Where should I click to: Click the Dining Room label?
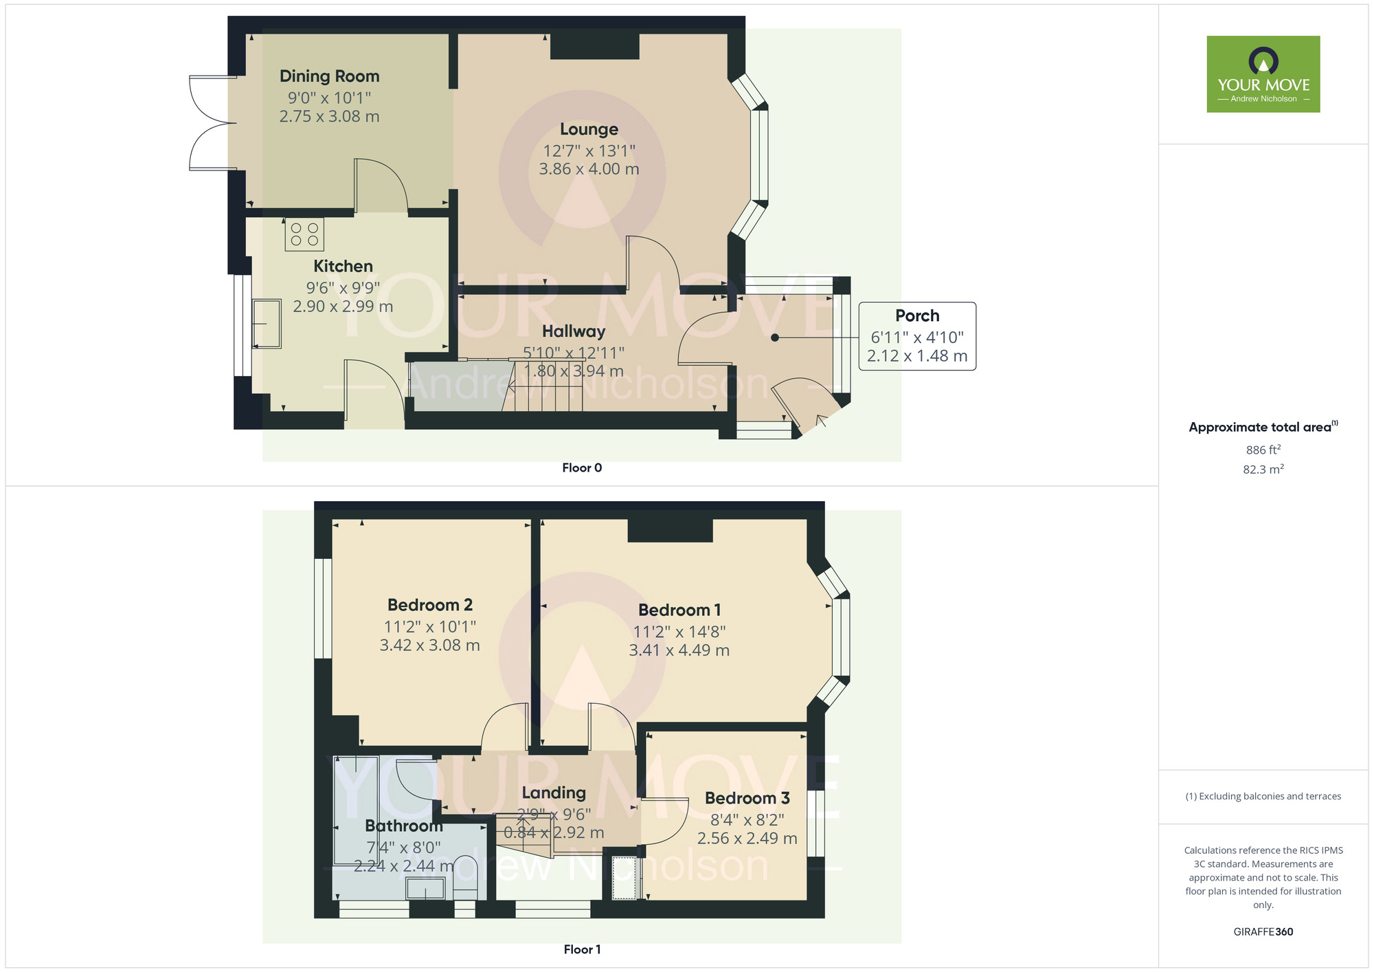(329, 76)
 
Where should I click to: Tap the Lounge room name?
(589, 129)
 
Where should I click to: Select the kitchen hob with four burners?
(304, 234)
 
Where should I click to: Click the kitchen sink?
(267, 323)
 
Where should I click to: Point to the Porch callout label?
(917, 316)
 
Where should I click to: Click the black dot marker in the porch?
(775, 338)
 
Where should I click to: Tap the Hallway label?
(574, 331)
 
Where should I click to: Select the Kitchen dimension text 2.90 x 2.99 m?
(343, 307)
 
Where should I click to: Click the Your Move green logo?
(1263, 74)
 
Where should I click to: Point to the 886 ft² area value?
(1263, 450)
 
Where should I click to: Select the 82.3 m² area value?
(1263, 470)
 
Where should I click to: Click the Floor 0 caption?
(582, 468)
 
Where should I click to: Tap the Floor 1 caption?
(582, 949)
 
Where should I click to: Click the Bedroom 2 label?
(430, 605)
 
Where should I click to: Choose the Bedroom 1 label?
(679, 610)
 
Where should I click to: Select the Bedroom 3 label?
(747, 798)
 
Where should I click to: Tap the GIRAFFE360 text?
(1263, 932)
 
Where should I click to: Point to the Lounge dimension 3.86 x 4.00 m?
(589, 169)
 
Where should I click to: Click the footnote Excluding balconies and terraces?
(1263, 796)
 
